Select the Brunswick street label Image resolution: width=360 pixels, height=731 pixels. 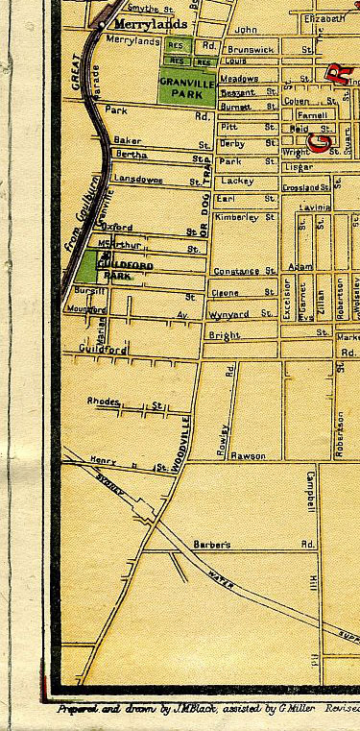[x=253, y=48]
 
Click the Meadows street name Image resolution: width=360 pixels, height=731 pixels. [x=239, y=79]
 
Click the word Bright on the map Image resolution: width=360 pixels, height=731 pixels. [x=223, y=334]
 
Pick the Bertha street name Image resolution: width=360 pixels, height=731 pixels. [x=131, y=154]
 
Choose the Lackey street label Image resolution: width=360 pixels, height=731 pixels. [x=236, y=180]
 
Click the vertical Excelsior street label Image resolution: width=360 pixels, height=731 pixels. [x=286, y=298]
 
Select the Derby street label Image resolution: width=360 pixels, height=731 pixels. [x=232, y=142]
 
